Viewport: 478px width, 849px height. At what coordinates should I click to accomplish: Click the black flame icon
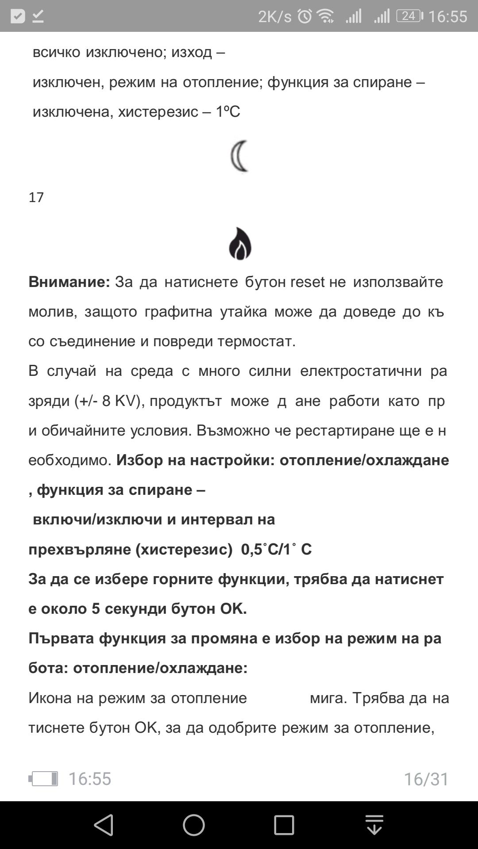240,244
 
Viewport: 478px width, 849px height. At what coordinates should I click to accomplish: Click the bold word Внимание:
69,282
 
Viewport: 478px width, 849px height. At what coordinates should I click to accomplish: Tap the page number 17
36,197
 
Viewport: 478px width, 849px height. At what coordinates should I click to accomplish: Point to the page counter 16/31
426,779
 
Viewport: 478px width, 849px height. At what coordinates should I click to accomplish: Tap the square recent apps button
284,825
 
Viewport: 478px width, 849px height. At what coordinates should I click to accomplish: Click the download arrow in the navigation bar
374,825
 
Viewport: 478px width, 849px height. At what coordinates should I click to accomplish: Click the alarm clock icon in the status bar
305,16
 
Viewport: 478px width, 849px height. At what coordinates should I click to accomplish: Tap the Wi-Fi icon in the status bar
326,16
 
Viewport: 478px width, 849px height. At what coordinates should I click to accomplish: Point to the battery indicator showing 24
409,16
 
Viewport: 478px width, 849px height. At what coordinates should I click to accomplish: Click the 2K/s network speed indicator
275,17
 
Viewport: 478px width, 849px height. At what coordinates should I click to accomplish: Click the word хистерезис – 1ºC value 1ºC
228,112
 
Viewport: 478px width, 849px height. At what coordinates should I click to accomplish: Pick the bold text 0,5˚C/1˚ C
276,550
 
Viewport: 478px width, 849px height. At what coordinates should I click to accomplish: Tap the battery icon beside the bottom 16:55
43,779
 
